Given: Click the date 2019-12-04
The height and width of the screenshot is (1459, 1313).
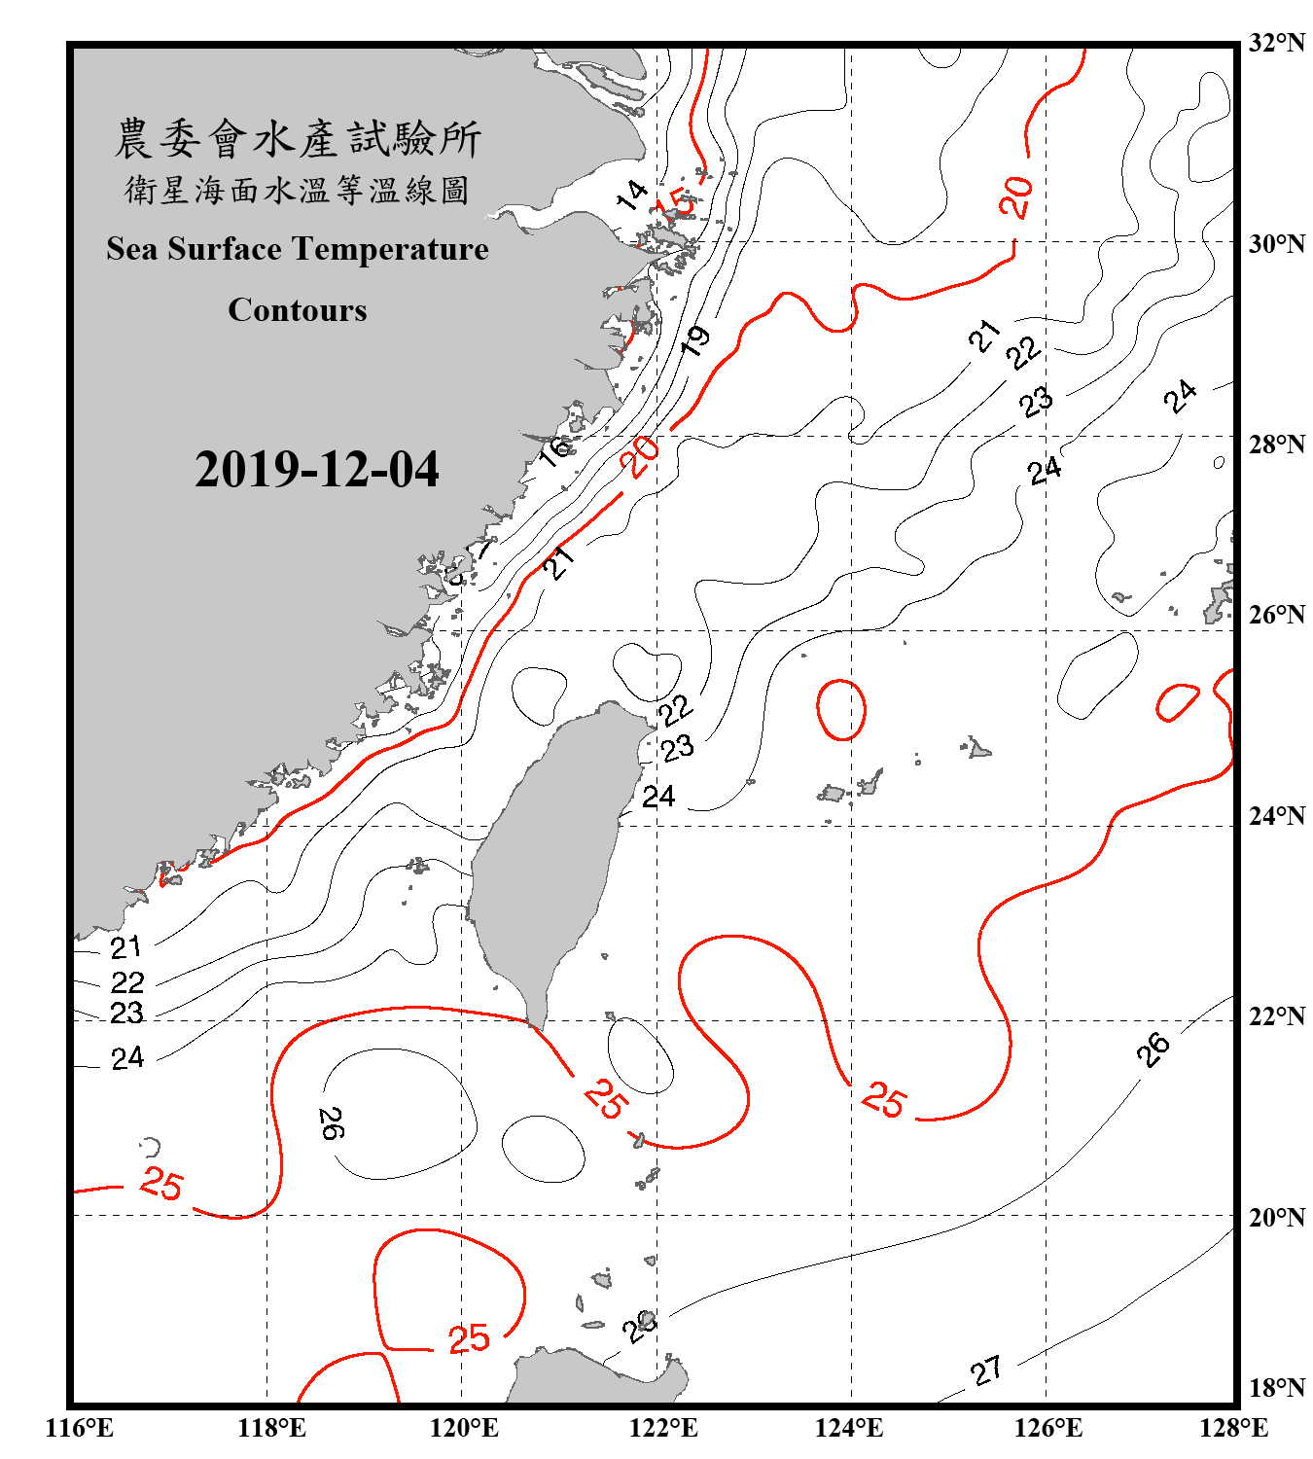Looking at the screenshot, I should [x=316, y=470].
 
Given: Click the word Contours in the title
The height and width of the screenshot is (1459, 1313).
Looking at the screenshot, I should [x=298, y=310].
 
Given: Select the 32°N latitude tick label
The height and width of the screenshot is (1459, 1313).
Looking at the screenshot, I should [x=1276, y=42].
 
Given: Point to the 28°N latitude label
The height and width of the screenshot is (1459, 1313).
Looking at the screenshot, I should [x=1276, y=444].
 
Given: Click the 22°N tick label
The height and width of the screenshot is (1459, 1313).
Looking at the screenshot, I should [x=1276, y=1015].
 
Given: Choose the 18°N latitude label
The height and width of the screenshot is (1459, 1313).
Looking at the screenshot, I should [x=1276, y=1387].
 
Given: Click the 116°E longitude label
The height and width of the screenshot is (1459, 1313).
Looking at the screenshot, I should [x=80, y=1428].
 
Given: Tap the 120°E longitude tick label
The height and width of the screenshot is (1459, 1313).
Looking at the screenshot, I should [x=464, y=1428].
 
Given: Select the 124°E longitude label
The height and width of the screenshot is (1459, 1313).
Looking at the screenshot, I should [x=849, y=1428].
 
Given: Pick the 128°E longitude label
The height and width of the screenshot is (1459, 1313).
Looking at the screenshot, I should [x=1233, y=1428].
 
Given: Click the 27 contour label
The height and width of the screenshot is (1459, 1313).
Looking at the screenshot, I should [x=986, y=1371].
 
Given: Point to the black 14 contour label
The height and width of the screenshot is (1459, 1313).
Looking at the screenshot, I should [x=632, y=195].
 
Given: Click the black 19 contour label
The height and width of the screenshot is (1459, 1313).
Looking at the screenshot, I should [x=695, y=340].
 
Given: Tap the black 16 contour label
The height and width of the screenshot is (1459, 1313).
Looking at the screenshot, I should [x=555, y=450].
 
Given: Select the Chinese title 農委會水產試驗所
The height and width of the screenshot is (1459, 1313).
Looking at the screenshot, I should [x=298, y=139].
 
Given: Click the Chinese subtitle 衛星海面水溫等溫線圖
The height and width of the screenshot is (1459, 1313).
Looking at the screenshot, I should [x=298, y=191].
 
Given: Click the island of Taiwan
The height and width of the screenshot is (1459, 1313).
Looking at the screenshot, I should [x=550, y=856].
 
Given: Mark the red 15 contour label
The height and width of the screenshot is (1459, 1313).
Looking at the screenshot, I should [x=678, y=202].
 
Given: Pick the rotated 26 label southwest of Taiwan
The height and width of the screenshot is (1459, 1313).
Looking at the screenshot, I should [x=331, y=1123].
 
